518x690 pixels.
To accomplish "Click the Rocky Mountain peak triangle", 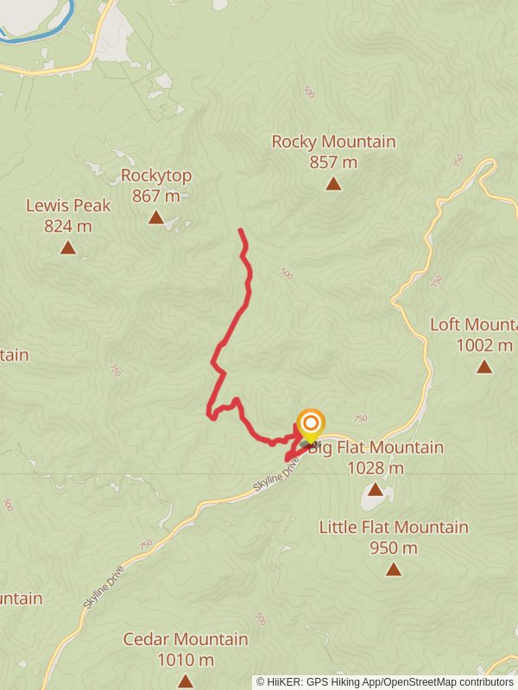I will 333,184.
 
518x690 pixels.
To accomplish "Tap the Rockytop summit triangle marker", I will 155,217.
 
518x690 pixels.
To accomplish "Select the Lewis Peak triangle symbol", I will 67,248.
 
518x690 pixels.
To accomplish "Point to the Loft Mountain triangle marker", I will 484,367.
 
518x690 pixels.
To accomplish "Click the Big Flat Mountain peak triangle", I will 375,489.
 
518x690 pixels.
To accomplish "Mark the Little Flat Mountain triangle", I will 394,568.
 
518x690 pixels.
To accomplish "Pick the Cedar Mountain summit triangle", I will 185,681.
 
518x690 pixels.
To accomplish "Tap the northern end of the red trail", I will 240,230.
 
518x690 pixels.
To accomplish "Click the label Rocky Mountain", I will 333,141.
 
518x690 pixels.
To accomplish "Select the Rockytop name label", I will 156,176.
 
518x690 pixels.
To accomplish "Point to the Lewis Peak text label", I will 68,206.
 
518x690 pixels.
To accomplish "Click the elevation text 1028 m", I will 375,468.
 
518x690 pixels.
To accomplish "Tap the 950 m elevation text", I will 394,548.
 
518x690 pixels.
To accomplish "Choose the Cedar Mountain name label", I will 186,640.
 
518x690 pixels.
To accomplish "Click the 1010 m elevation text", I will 186,660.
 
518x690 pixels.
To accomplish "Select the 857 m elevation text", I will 333,162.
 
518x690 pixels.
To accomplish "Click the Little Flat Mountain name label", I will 394,527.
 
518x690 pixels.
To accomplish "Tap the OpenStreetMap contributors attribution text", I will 448,682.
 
